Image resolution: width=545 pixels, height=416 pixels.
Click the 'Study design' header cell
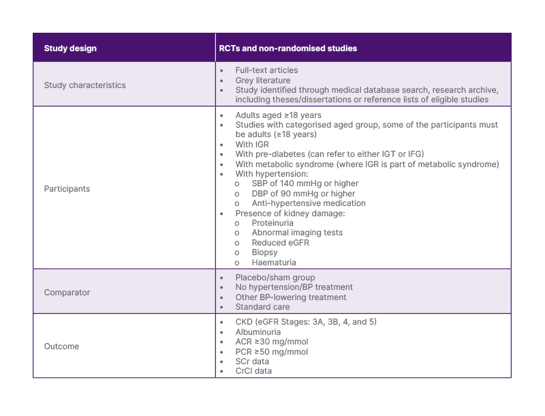coord(70,48)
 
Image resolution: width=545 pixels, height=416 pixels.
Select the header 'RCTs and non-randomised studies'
coord(288,48)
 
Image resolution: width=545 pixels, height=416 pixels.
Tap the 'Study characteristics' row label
coord(84,85)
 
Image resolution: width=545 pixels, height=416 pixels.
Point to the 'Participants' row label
coord(67,189)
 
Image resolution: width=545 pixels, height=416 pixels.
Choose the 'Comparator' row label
coord(67,293)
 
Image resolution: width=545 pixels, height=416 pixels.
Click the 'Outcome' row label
coord(61,346)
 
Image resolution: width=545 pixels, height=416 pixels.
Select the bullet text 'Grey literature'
coord(263,80)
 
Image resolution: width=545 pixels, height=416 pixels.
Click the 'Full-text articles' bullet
coord(266,70)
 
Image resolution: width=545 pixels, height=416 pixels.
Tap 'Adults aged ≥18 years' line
coord(278,115)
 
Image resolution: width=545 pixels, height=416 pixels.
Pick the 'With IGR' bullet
coord(253,145)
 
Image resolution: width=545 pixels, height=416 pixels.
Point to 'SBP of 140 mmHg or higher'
coord(305,183)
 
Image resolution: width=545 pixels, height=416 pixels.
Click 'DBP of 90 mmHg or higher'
coord(303,194)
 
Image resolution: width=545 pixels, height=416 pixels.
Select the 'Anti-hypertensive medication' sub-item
coord(309,203)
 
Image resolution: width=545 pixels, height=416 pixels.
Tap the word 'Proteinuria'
coord(273,223)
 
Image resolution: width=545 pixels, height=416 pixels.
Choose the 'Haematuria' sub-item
coord(274,262)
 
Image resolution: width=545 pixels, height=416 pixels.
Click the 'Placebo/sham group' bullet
coord(275,278)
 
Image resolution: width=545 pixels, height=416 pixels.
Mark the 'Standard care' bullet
coord(263,307)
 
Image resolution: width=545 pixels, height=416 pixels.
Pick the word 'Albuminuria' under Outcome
coord(258,332)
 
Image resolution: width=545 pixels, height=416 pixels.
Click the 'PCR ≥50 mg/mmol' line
coord(272,352)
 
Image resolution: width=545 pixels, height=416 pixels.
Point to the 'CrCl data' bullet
coord(253,371)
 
